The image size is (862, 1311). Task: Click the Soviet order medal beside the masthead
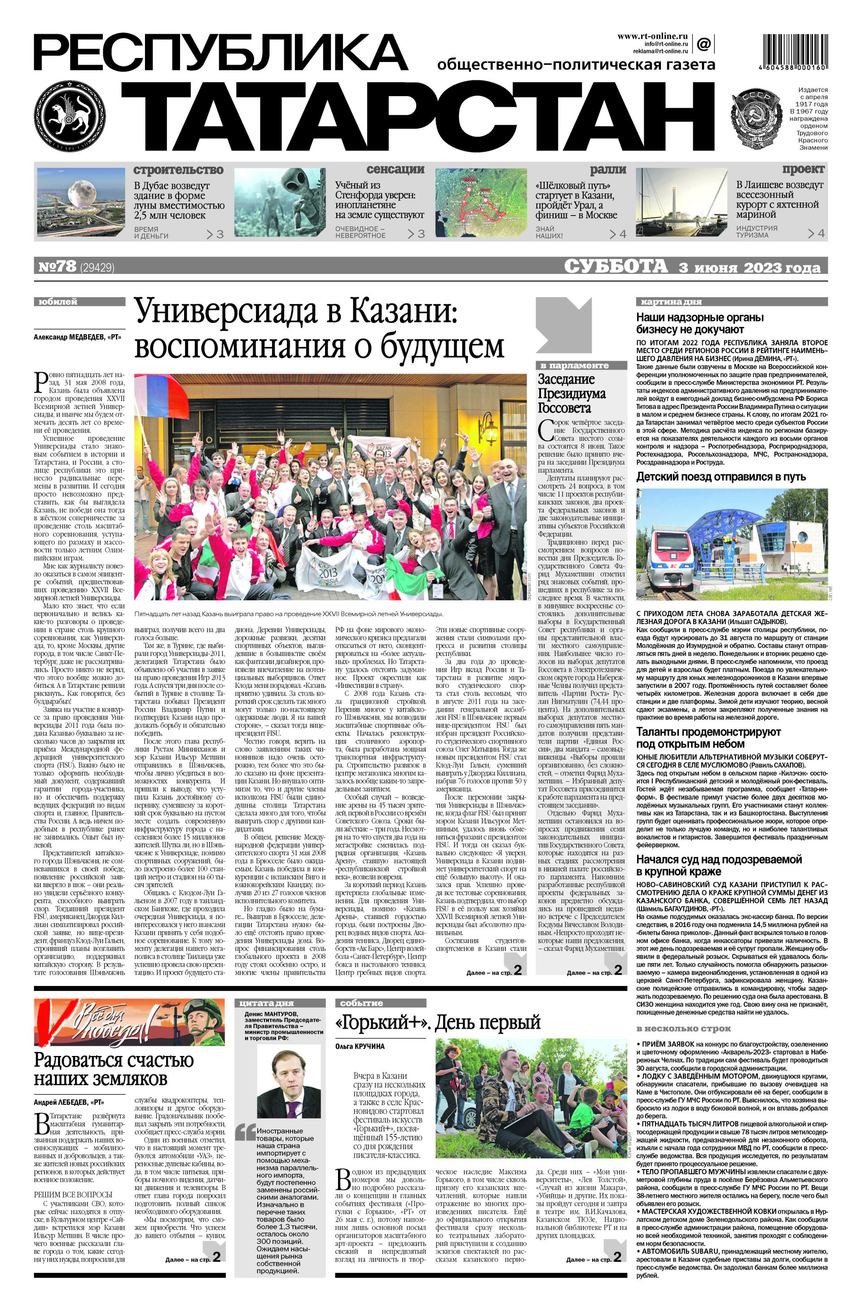click(x=756, y=119)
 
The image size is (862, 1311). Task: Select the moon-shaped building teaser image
click(x=82, y=202)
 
